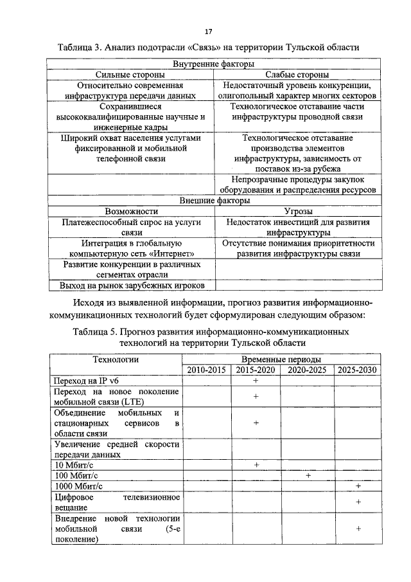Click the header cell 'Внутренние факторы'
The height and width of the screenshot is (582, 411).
213,64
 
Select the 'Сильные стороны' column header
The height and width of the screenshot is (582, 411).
131,75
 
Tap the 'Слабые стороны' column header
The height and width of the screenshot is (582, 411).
297,75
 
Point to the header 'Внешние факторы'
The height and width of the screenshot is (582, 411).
213,201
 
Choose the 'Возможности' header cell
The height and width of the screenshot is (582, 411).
131,211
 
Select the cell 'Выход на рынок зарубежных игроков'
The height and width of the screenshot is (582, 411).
131,285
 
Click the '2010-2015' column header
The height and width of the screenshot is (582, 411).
206,370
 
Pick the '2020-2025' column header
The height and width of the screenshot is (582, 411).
307,370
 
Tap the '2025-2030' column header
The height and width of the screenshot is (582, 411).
357,370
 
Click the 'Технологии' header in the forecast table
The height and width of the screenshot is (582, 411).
116,359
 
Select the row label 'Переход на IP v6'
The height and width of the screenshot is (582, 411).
87,381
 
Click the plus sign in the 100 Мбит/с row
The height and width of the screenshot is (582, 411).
308,475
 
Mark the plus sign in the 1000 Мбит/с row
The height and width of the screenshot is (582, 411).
358,486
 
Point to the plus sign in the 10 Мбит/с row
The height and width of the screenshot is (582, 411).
256,464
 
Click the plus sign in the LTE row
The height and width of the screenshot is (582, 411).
256,397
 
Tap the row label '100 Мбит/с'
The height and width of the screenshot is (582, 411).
74,475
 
